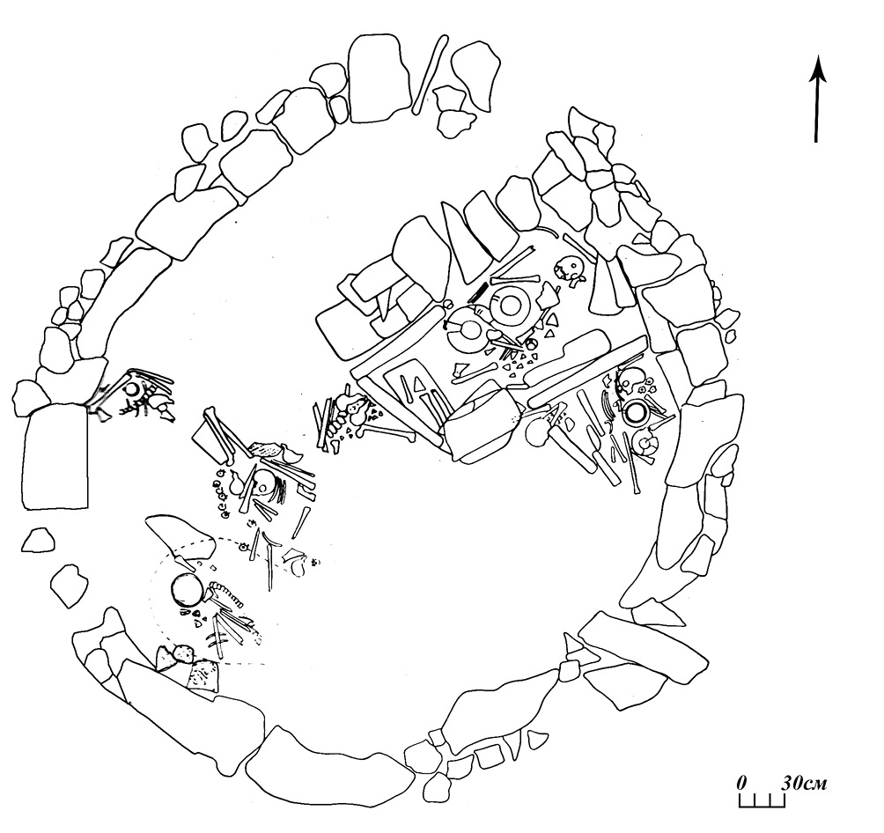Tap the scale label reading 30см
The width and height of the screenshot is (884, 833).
tap(804, 783)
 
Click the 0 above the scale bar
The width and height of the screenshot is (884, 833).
tap(742, 783)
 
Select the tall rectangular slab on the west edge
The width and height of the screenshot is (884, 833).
tap(55, 457)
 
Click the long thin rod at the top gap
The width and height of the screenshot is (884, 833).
tap(431, 75)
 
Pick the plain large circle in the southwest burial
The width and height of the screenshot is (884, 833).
tap(187, 591)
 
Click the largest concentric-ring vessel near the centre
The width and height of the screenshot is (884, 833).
tap(512, 307)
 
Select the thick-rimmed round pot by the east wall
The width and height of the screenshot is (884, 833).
tap(637, 413)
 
